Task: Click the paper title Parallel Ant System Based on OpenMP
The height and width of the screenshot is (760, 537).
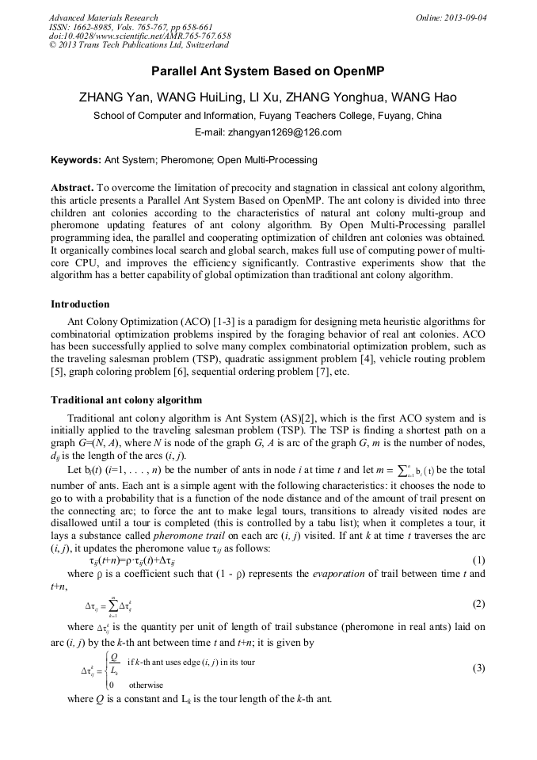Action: (x=268, y=71)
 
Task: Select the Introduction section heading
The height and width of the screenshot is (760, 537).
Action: (x=80, y=304)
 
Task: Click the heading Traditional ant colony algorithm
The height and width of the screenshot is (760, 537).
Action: (x=126, y=399)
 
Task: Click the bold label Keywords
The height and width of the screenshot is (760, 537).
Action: (x=76, y=160)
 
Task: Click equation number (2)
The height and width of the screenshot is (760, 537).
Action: (x=478, y=604)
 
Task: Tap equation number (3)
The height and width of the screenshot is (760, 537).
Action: (x=478, y=668)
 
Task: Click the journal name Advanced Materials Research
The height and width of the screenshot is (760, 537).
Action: (x=103, y=17)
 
